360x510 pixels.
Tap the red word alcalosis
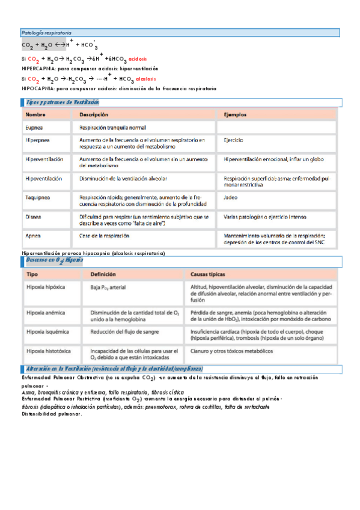coord(145,79)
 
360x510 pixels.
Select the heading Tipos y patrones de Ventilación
coord(59,103)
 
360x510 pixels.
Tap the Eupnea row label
coord(34,127)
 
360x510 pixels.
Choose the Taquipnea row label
coord(37,197)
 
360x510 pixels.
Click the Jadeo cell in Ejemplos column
coord(230,197)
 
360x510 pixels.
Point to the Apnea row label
coord(34,236)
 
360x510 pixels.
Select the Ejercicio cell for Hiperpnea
coord(233,140)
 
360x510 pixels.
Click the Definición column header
coord(103,274)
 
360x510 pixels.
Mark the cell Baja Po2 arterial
coord(108,288)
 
